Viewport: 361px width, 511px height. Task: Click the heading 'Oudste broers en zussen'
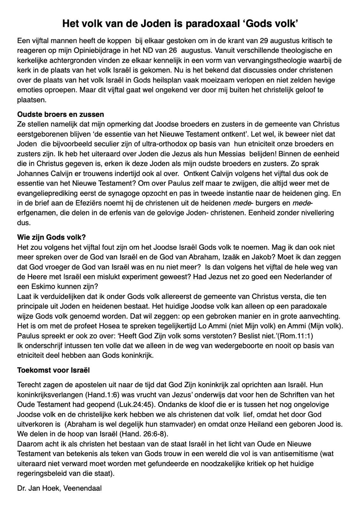[61, 114]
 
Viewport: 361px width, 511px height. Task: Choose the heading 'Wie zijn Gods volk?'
[51, 237]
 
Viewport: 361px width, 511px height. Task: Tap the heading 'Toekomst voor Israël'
[54, 370]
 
